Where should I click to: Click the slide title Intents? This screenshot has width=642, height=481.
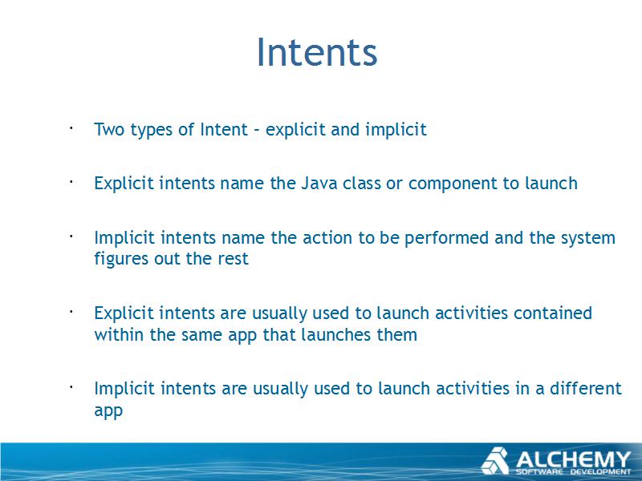click(317, 52)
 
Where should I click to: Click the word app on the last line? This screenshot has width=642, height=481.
click(108, 411)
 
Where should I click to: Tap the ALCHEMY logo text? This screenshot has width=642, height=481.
click(573, 459)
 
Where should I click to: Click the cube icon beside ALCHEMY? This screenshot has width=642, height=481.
click(495, 461)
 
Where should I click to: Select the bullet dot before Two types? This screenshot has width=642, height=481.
click(71, 128)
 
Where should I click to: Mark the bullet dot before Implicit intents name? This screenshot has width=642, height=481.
click(71, 236)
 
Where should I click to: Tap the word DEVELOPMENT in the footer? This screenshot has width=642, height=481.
click(601, 472)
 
